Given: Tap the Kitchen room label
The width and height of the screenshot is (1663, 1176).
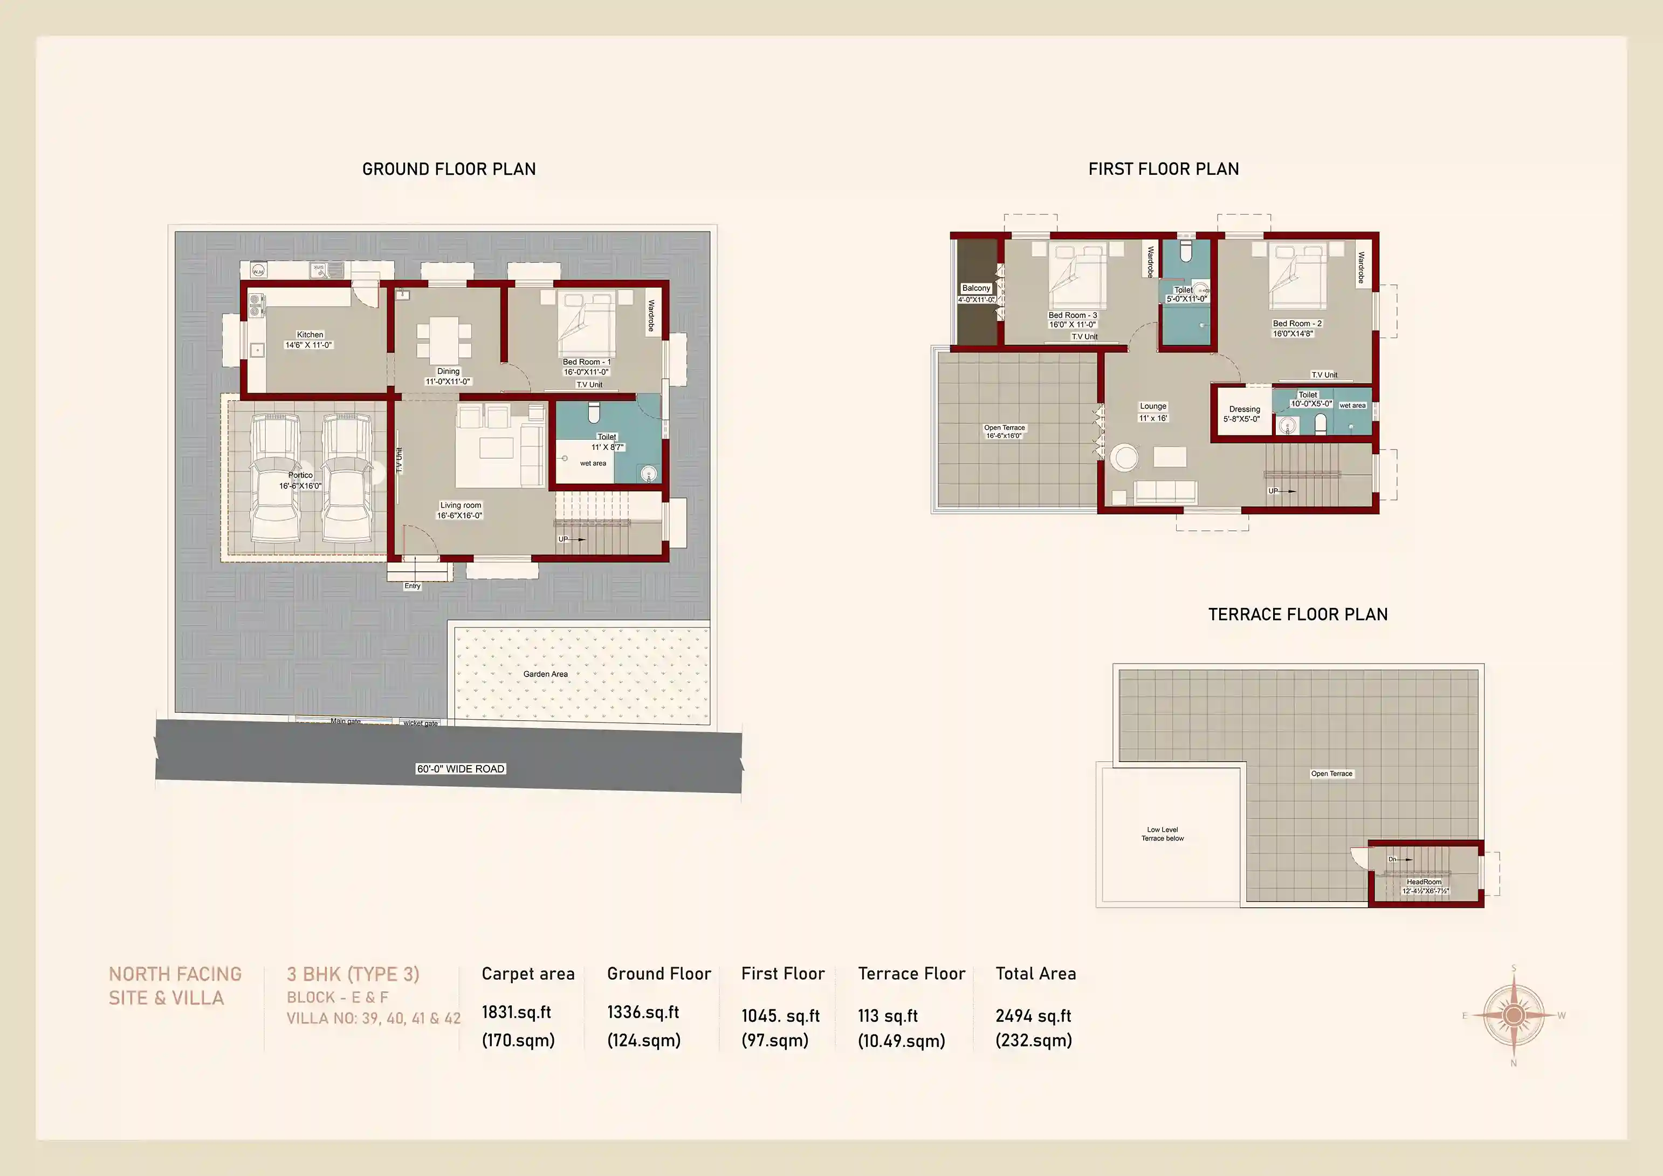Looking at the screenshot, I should pyautogui.click(x=310, y=335).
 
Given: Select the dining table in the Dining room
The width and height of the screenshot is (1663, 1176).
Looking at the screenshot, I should pyautogui.click(x=444, y=338).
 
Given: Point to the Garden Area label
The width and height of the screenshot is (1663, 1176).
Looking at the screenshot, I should pyautogui.click(x=545, y=674).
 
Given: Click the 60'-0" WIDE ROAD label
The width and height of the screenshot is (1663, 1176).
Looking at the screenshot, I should pyautogui.click(x=461, y=769).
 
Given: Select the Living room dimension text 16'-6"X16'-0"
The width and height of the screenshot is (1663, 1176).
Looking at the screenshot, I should pyautogui.click(x=459, y=516).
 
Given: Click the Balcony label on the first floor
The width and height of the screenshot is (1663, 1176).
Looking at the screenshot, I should pyautogui.click(x=975, y=289).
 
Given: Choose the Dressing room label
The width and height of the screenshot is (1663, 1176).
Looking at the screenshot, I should pyautogui.click(x=1245, y=409).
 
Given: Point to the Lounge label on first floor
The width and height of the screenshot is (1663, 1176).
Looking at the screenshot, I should pyautogui.click(x=1153, y=407).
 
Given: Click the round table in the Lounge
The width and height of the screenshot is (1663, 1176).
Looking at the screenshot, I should pyautogui.click(x=1125, y=457).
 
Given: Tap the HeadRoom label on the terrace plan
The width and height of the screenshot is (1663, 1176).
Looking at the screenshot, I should pyautogui.click(x=1423, y=882).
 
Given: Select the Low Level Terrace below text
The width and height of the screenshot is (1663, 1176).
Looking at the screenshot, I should pyautogui.click(x=1163, y=834).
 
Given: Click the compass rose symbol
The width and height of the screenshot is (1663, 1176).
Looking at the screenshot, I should pyautogui.click(x=1513, y=1015).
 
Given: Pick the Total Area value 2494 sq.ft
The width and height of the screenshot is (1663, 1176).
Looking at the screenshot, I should pyautogui.click(x=1033, y=1016).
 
